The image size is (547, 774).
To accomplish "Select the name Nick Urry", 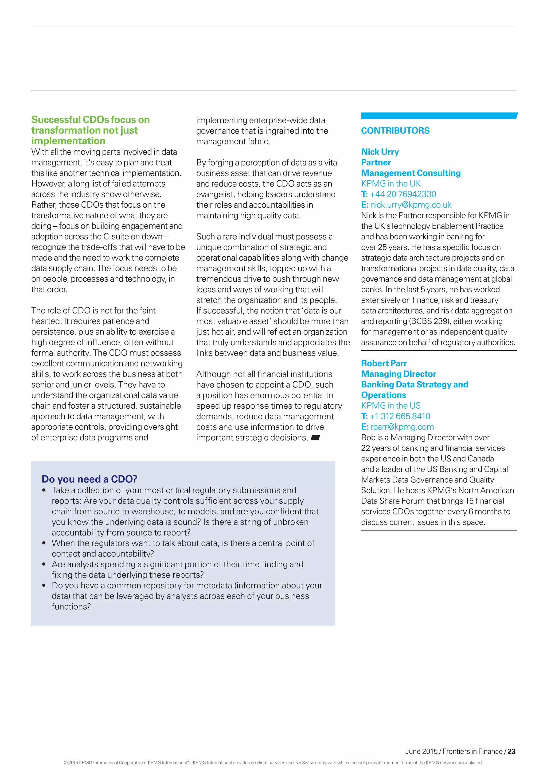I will coord(380,152).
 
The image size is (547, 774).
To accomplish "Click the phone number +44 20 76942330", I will coord(403,194).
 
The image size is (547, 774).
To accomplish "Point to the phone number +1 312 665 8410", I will coord(400,416).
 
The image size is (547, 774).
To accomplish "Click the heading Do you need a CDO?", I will coord(89,479).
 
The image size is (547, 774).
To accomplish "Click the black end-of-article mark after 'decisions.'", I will coord(315,438).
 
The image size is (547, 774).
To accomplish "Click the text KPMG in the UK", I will coord(391,184).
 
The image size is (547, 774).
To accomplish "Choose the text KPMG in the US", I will coord(391,406).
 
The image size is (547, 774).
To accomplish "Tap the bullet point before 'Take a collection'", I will coord(44,490).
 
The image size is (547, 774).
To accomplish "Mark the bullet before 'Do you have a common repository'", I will coord(44,586).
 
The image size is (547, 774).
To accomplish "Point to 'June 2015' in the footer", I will coord(421,751).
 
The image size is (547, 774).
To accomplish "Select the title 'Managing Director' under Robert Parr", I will coord(398,374).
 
